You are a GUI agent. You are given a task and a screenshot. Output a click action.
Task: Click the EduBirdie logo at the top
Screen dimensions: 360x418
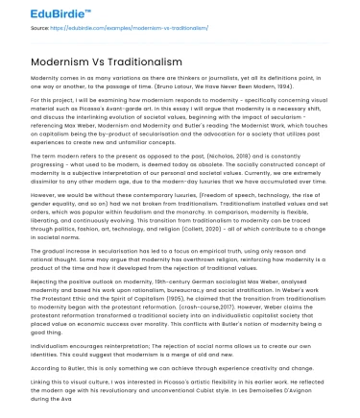point(39,13)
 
